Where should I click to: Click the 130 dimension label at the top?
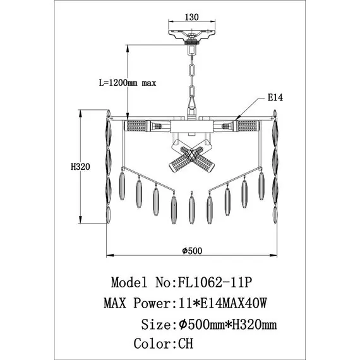point(192,17)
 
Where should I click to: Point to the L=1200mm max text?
point(128,83)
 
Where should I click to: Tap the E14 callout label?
point(275,98)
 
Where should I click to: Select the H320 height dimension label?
point(80,167)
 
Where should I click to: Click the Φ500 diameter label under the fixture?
point(192,251)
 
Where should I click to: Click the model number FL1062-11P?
point(215,282)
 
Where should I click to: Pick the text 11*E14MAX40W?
point(222,303)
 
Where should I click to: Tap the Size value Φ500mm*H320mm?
point(228,325)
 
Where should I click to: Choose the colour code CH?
point(186,344)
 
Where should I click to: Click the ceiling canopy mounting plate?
point(192,35)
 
